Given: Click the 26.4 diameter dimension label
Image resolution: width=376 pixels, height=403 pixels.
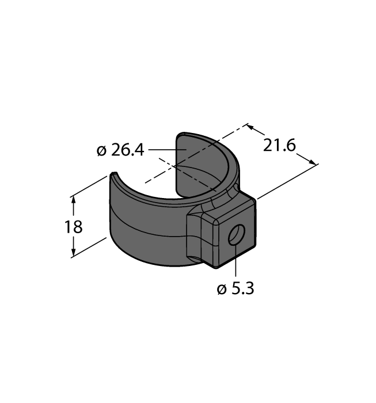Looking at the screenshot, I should point(128,151).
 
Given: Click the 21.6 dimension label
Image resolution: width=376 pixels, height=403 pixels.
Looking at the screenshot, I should point(279,146).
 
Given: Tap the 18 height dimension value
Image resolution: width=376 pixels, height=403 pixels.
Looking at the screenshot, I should point(74,227).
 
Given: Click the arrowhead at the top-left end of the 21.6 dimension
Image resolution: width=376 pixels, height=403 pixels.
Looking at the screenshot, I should point(250,126).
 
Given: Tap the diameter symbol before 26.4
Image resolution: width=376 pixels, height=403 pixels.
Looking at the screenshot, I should point(102,151).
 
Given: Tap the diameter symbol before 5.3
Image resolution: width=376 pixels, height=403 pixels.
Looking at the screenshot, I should point(222,290).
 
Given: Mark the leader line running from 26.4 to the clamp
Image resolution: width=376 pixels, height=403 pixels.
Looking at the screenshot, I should point(164,151).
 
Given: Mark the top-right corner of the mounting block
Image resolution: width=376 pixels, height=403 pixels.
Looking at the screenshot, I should point(254,200).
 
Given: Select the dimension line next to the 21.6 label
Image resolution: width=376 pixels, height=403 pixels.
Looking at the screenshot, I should point(282,145).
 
